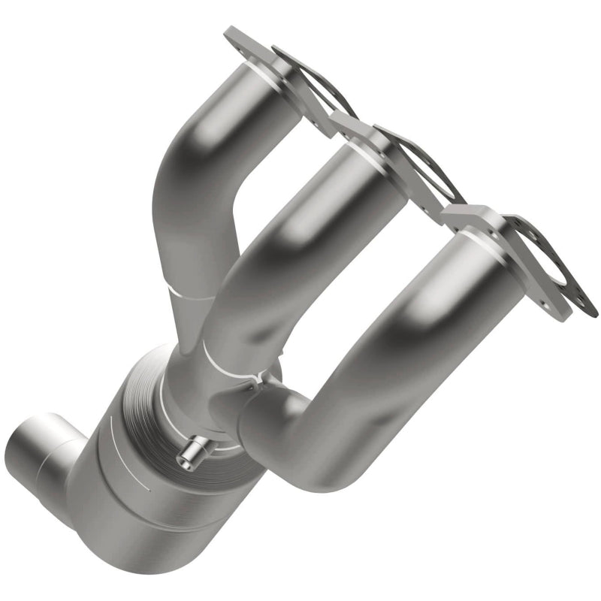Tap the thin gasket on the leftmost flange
[316, 83]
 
